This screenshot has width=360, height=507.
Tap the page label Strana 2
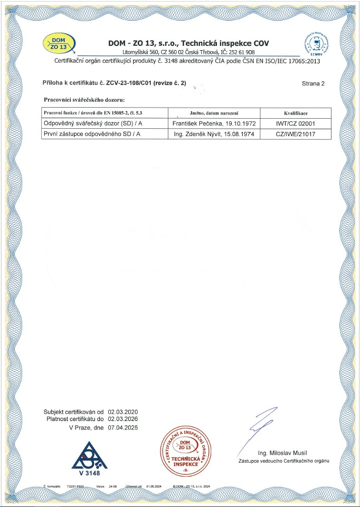(x=312, y=83)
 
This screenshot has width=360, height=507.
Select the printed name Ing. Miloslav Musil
(x=283, y=453)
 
